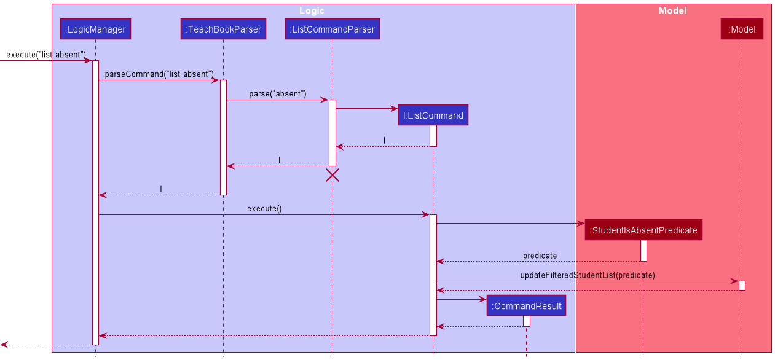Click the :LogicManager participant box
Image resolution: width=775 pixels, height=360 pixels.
coord(95,29)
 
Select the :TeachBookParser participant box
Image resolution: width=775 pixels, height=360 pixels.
coord(223,29)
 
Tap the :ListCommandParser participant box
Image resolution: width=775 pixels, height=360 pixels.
coord(332,29)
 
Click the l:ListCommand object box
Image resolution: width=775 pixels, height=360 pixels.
coord(433,115)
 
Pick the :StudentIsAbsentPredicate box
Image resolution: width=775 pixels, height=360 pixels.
coord(643,230)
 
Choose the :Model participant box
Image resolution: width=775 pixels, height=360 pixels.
coord(742,29)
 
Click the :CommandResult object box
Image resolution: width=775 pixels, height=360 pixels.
coord(526,306)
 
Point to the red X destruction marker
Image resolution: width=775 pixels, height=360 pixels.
coord(332,175)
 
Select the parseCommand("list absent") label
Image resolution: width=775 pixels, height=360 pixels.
coord(159,74)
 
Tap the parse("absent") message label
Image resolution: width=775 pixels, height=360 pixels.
coord(277,94)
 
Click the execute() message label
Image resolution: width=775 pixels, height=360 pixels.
coord(264,209)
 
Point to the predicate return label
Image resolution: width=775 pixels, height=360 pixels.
coord(540,256)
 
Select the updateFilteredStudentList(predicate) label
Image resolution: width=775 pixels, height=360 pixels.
coord(587,275)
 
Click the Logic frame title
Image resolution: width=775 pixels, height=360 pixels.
coord(312,10)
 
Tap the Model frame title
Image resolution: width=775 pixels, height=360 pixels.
coord(672,10)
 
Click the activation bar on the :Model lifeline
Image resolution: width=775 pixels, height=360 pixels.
coord(742,286)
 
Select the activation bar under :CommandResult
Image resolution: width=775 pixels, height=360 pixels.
coord(526,321)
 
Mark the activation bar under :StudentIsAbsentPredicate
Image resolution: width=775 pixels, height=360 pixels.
coord(643,251)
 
